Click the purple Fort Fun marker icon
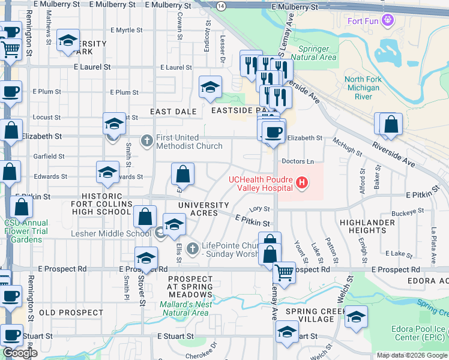(x=388, y=20)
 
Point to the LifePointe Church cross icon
(x=192, y=247)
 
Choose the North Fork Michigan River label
(x=363, y=88)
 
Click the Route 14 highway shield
(x=221, y=5)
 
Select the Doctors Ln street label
(x=298, y=161)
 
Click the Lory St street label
(x=259, y=209)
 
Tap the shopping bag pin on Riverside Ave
(x=391, y=125)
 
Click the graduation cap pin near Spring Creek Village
(x=356, y=316)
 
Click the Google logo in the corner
(x=20, y=353)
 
